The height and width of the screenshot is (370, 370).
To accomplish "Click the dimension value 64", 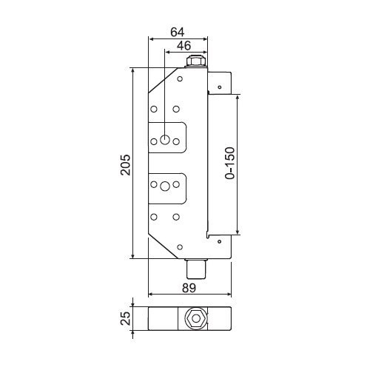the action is tap(178, 32).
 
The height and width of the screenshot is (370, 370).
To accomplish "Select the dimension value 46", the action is tap(184, 46).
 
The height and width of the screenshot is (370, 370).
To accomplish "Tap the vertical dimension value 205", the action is tap(125, 165).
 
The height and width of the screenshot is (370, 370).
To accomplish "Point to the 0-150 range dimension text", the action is tap(229, 163).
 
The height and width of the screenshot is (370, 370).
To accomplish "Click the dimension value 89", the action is tap(189, 288).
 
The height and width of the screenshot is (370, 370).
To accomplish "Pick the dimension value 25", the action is tap(125, 318).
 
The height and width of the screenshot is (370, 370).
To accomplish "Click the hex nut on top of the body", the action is tap(196, 61).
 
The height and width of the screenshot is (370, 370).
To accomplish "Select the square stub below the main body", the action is tap(196, 269).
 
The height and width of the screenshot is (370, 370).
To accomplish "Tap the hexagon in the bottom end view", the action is tap(196, 318).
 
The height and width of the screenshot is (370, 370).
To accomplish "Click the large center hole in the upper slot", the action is tap(165, 140).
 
